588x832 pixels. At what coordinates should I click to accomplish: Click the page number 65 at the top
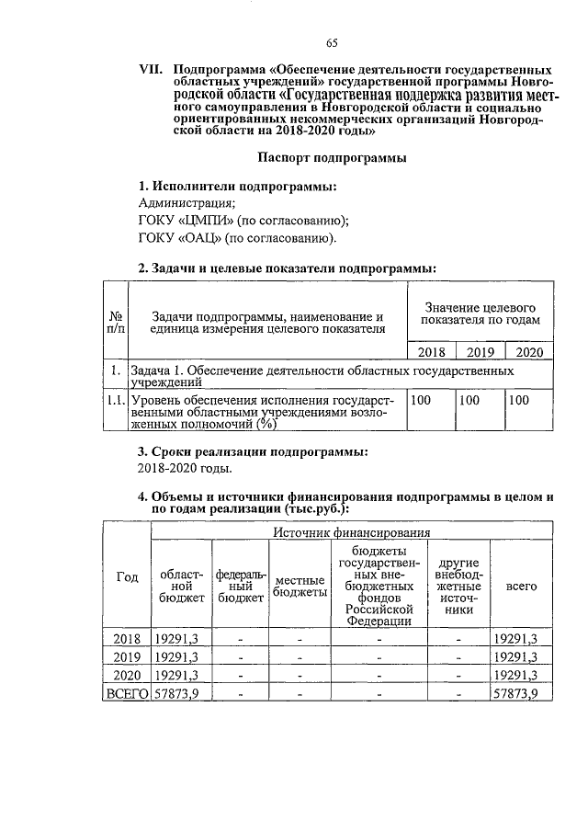[332, 43]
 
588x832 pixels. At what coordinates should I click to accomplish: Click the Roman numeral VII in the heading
[151, 70]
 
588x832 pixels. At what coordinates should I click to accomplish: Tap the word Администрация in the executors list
[185, 204]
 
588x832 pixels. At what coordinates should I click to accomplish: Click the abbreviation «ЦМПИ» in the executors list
[205, 222]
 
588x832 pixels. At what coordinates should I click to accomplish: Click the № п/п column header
[116, 322]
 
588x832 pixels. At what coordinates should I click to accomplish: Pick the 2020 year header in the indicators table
[530, 351]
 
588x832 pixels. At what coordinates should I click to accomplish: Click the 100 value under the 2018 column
[421, 401]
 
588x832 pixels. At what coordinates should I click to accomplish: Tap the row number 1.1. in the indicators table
[116, 401]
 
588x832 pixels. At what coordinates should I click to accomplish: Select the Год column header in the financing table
[127, 576]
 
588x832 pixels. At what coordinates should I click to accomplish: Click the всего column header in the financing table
[522, 586]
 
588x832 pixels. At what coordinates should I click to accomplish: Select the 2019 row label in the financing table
[127, 656]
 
